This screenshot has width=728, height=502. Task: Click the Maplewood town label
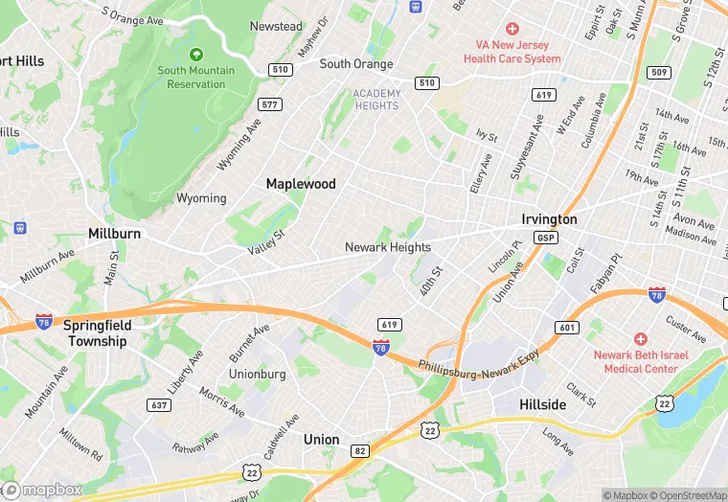(300, 183)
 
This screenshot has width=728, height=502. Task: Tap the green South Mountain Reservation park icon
(196, 54)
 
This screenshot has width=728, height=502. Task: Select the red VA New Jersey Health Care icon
(512, 30)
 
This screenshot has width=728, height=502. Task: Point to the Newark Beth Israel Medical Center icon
(640, 339)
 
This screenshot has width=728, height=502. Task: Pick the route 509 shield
(658, 73)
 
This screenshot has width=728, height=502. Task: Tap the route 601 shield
(567, 329)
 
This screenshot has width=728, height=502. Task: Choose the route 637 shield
(159, 405)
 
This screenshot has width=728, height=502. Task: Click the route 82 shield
(359, 450)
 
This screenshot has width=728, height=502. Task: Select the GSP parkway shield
(546, 238)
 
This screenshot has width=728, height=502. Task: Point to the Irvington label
(549, 219)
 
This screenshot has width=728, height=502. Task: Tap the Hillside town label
(542, 404)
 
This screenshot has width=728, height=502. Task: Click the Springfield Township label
(96, 333)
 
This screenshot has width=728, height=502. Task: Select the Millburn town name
(114, 234)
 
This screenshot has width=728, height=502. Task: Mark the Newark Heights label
(388, 247)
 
